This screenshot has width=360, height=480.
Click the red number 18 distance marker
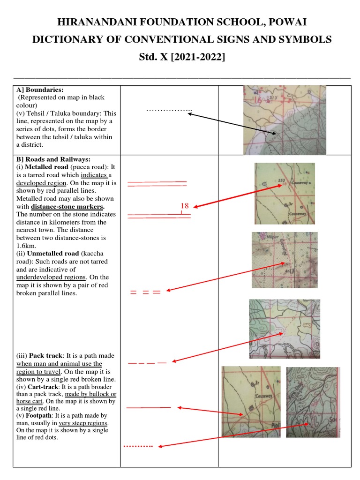click(x=184, y=206)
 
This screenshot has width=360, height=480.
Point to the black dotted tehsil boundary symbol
click(x=169, y=111)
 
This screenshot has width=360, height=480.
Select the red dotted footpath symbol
click(x=138, y=446)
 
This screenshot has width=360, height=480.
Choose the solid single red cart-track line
click(x=149, y=408)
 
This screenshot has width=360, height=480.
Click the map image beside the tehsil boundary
click(x=285, y=120)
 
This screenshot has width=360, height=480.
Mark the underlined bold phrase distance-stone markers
click(x=67, y=207)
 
